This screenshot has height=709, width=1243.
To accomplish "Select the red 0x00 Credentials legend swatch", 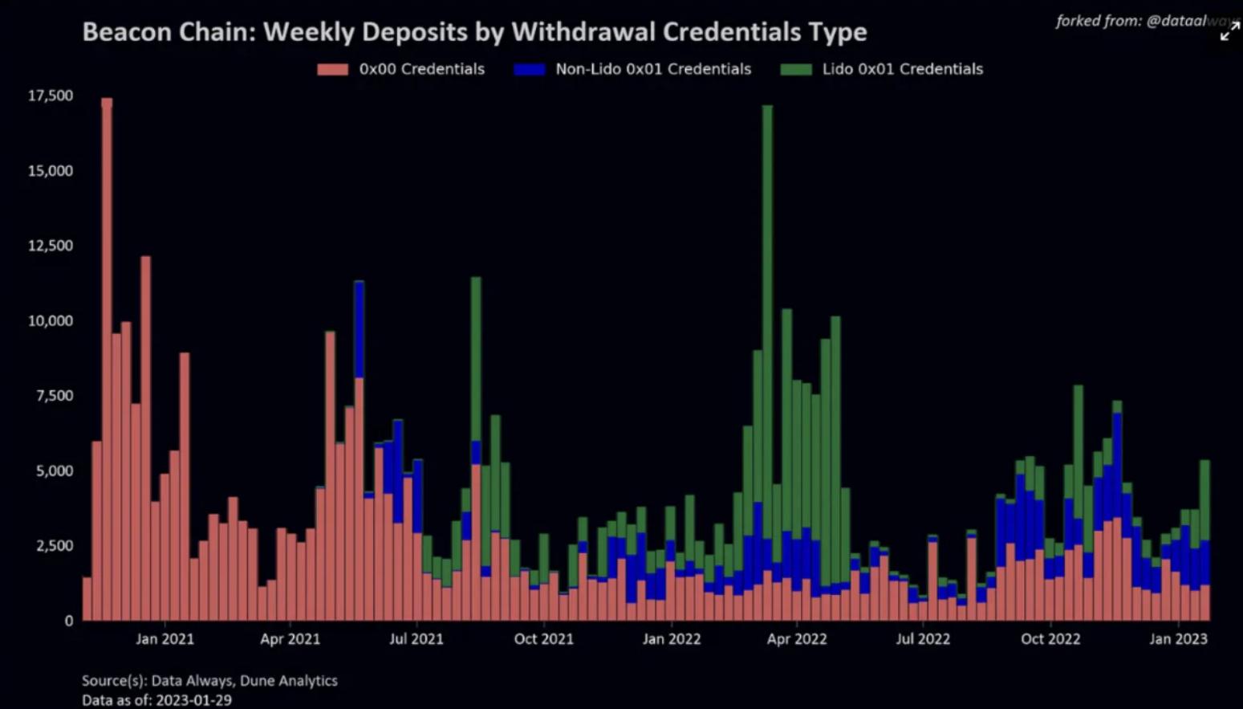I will click(x=333, y=69).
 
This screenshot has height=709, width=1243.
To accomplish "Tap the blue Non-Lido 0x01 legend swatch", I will click(x=530, y=69).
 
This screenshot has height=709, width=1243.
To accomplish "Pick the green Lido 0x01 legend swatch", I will click(x=796, y=69).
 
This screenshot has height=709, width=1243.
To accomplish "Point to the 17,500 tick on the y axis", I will click(x=51, y=96).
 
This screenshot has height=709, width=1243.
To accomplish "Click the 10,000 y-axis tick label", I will click(x=51, y=320).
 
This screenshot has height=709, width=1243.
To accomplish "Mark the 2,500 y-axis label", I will click(x=55, y=545).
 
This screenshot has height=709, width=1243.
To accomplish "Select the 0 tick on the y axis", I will click(x=69, y=621).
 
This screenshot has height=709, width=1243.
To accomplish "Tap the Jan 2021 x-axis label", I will click(x=165, y=639).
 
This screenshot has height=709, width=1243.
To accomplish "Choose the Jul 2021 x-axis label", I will click(x=416, y=639).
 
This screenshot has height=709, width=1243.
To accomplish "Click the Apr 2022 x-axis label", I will click(x=797, y=639).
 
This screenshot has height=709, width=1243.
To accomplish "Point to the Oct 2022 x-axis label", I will click(x=1050, y=639).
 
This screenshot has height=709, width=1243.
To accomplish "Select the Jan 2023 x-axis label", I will click(x=1178, y=639).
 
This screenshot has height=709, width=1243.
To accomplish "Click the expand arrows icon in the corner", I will click(x=1229, y=32).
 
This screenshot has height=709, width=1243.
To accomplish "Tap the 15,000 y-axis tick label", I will click(x=51, y=170).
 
